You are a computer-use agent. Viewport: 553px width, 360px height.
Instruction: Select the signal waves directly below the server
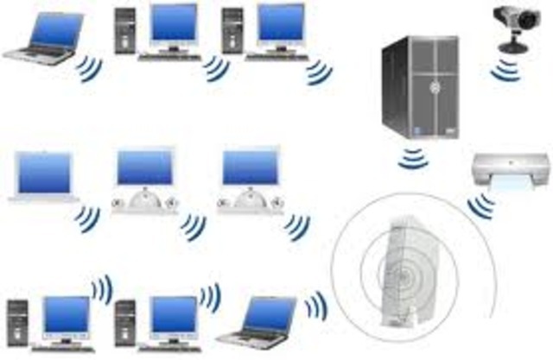(416, 158)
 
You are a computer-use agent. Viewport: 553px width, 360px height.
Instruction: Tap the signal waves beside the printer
(480, 206)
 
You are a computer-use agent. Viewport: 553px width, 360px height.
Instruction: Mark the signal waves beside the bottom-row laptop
(315, 305)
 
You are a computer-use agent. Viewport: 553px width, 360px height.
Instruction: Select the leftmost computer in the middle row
(45, 176)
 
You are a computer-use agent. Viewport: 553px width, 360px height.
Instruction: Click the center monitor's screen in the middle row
(145, 168)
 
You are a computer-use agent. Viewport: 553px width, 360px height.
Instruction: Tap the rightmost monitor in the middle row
(251, 168)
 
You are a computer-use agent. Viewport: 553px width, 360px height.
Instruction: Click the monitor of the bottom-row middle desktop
(173, 315)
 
